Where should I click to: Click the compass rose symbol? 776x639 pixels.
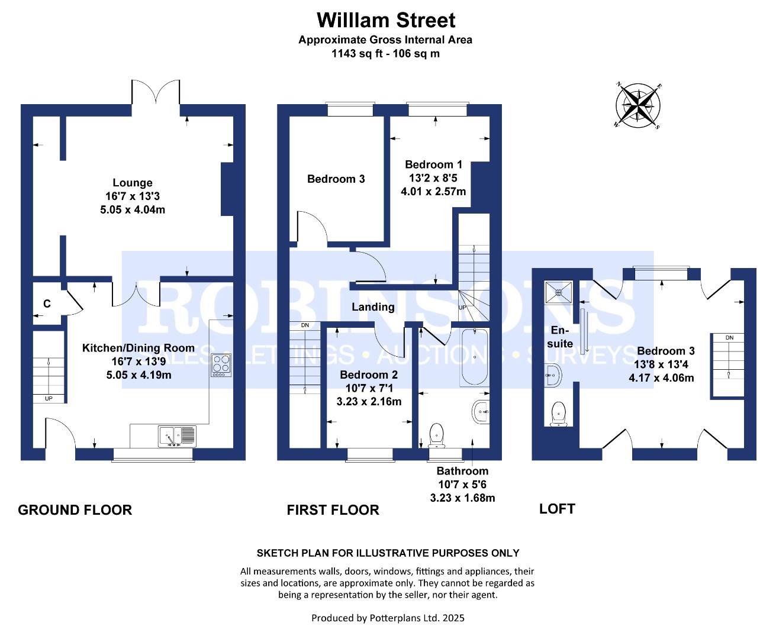coord(637,105)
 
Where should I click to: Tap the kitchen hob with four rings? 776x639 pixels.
coord(221,365)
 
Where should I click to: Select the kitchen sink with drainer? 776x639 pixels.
coord(177,436)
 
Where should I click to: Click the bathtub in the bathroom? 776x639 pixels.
coord(475,357)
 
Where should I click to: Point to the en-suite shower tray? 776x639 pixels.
coord(559,292)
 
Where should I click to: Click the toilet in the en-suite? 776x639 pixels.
coord(558,414)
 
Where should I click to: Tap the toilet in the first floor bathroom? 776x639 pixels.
coord(436,435)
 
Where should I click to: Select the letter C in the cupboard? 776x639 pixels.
coord(47,304)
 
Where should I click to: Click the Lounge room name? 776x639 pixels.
coord(133,183)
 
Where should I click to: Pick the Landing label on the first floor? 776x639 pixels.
coord(373,307)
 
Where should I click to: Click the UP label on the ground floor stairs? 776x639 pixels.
coord(49,399)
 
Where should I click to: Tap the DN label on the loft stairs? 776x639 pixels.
coord(730,338)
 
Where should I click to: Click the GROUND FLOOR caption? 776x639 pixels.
coord(75,510)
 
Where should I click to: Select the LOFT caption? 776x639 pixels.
coord(557,509)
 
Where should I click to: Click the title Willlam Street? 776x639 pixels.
coord(386,20)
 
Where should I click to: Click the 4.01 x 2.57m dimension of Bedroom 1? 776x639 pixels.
coord(433,191)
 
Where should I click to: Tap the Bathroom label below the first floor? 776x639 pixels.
coord(462,471)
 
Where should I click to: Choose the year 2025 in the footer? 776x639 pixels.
coord(453,618)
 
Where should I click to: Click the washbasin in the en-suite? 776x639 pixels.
coord(553,376)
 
